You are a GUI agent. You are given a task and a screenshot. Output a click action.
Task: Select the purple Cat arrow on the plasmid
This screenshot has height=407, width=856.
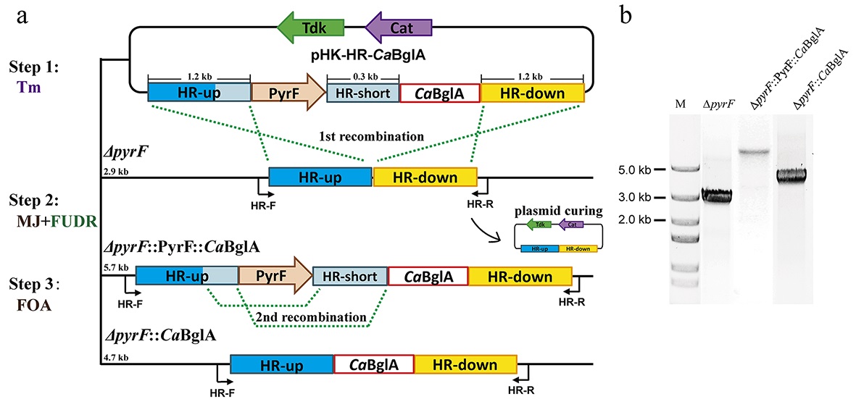click(399, 28)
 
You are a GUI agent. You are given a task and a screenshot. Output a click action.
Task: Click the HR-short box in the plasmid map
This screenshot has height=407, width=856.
click(362, 93)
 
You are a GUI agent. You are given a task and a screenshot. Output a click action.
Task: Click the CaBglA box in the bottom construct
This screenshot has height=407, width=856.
click(374, 365)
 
